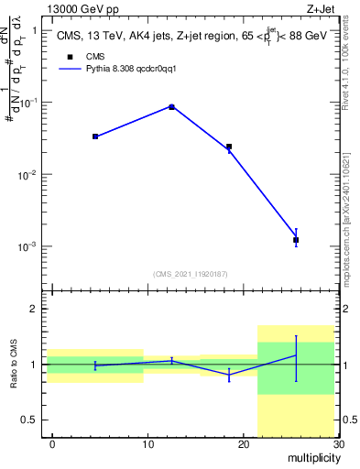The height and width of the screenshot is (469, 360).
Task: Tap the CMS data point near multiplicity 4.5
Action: pyautogui.click(x=95, y=136)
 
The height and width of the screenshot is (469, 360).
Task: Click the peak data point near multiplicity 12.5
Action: pyautogui.click(x=171, y=107)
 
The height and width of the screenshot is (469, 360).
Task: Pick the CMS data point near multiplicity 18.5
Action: pyautogui.click(x=229, y=147)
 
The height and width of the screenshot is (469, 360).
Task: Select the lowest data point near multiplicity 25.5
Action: pyautogui.click(x=296, y=239)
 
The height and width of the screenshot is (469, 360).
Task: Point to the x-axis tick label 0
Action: pyautogui.click(x=52, y=444)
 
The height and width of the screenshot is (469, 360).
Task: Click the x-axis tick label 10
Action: pyautogui.click(x=147, y=444)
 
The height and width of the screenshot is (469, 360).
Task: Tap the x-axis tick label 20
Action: pyautogui.click(x=242, y=444)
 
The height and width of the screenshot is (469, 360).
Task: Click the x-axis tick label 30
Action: pyautogui.click(x=337, y=444)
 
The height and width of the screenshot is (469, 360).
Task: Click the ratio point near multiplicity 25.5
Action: pyautogui.click(x=296, y=355)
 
